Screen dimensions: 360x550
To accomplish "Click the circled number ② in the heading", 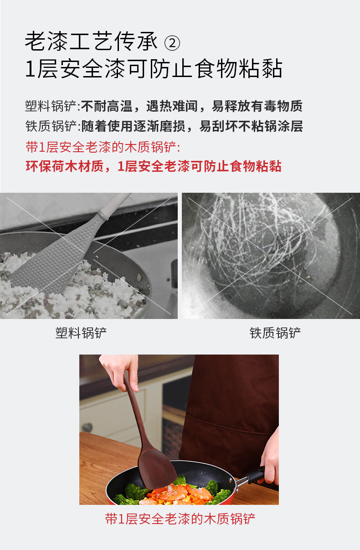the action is (x=172, y=43).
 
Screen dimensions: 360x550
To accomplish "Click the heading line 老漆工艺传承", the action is (x=91, y=41).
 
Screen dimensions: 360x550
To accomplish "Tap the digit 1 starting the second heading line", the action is (x=30, y=69).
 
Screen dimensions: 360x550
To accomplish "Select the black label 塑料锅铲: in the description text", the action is (x=52, y=106).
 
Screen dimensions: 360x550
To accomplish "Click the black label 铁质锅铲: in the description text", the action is (x=52, y=126).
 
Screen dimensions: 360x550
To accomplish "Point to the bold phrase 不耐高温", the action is (x=107, y=106).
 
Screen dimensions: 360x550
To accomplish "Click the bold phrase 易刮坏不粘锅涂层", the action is (x=251, y=126).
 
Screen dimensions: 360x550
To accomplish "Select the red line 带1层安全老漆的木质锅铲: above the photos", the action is (x=103, y=147).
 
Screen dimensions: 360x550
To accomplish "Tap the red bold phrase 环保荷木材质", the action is (x=65, y=166).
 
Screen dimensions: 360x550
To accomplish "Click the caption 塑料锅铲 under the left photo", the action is (x=81, y=333).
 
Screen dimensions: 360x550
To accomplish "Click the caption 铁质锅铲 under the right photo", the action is (x=275, y=333).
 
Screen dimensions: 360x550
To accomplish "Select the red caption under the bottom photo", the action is (x=180, y=519).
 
